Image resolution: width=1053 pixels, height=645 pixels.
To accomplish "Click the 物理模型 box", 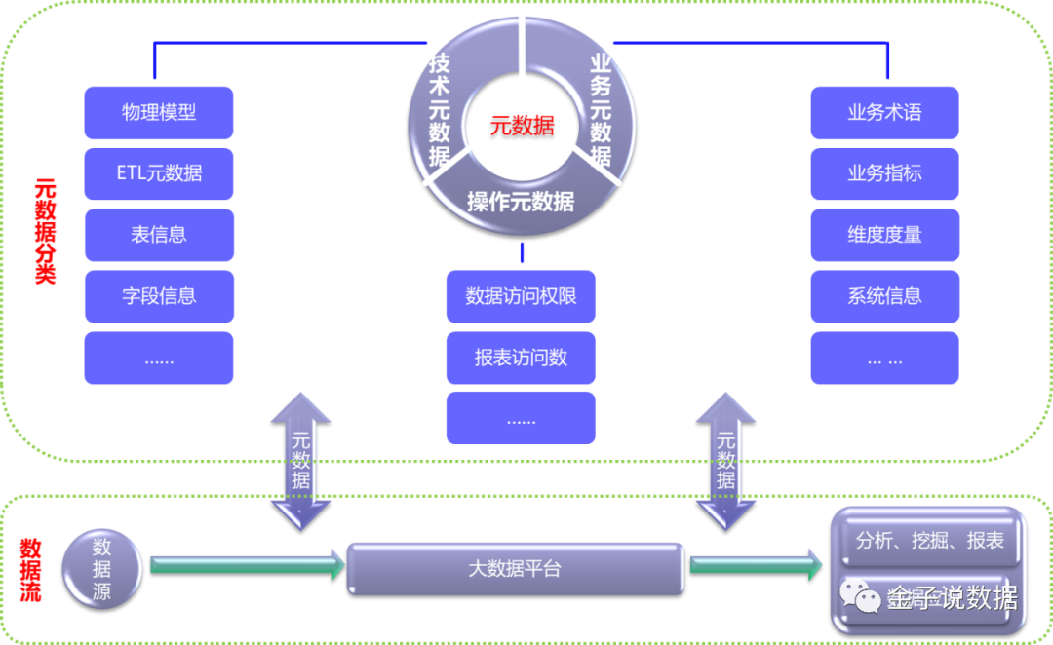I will [159, 113].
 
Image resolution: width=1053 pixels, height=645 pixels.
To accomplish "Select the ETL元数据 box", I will [159, 174].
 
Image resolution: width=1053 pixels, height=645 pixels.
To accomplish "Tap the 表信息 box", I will [159, 235].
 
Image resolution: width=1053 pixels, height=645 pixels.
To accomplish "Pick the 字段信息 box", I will [159, 296].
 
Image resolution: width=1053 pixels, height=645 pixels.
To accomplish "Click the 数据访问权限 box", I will [521, 296].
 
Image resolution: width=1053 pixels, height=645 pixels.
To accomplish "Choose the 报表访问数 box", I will [521, 358].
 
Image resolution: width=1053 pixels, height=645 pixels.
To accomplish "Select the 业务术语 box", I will [884, 113].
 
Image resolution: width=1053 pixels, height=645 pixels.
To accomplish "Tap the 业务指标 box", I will [884, 174].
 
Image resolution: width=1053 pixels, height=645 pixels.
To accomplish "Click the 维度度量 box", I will [884, 235].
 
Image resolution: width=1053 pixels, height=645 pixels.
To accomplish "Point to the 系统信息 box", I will [884, 296].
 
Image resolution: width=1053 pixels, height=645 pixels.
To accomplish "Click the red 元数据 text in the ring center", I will [522, 126].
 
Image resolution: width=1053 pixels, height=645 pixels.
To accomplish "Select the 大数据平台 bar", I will [515, 568].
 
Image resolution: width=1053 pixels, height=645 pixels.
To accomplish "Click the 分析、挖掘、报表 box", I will [929, 541].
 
